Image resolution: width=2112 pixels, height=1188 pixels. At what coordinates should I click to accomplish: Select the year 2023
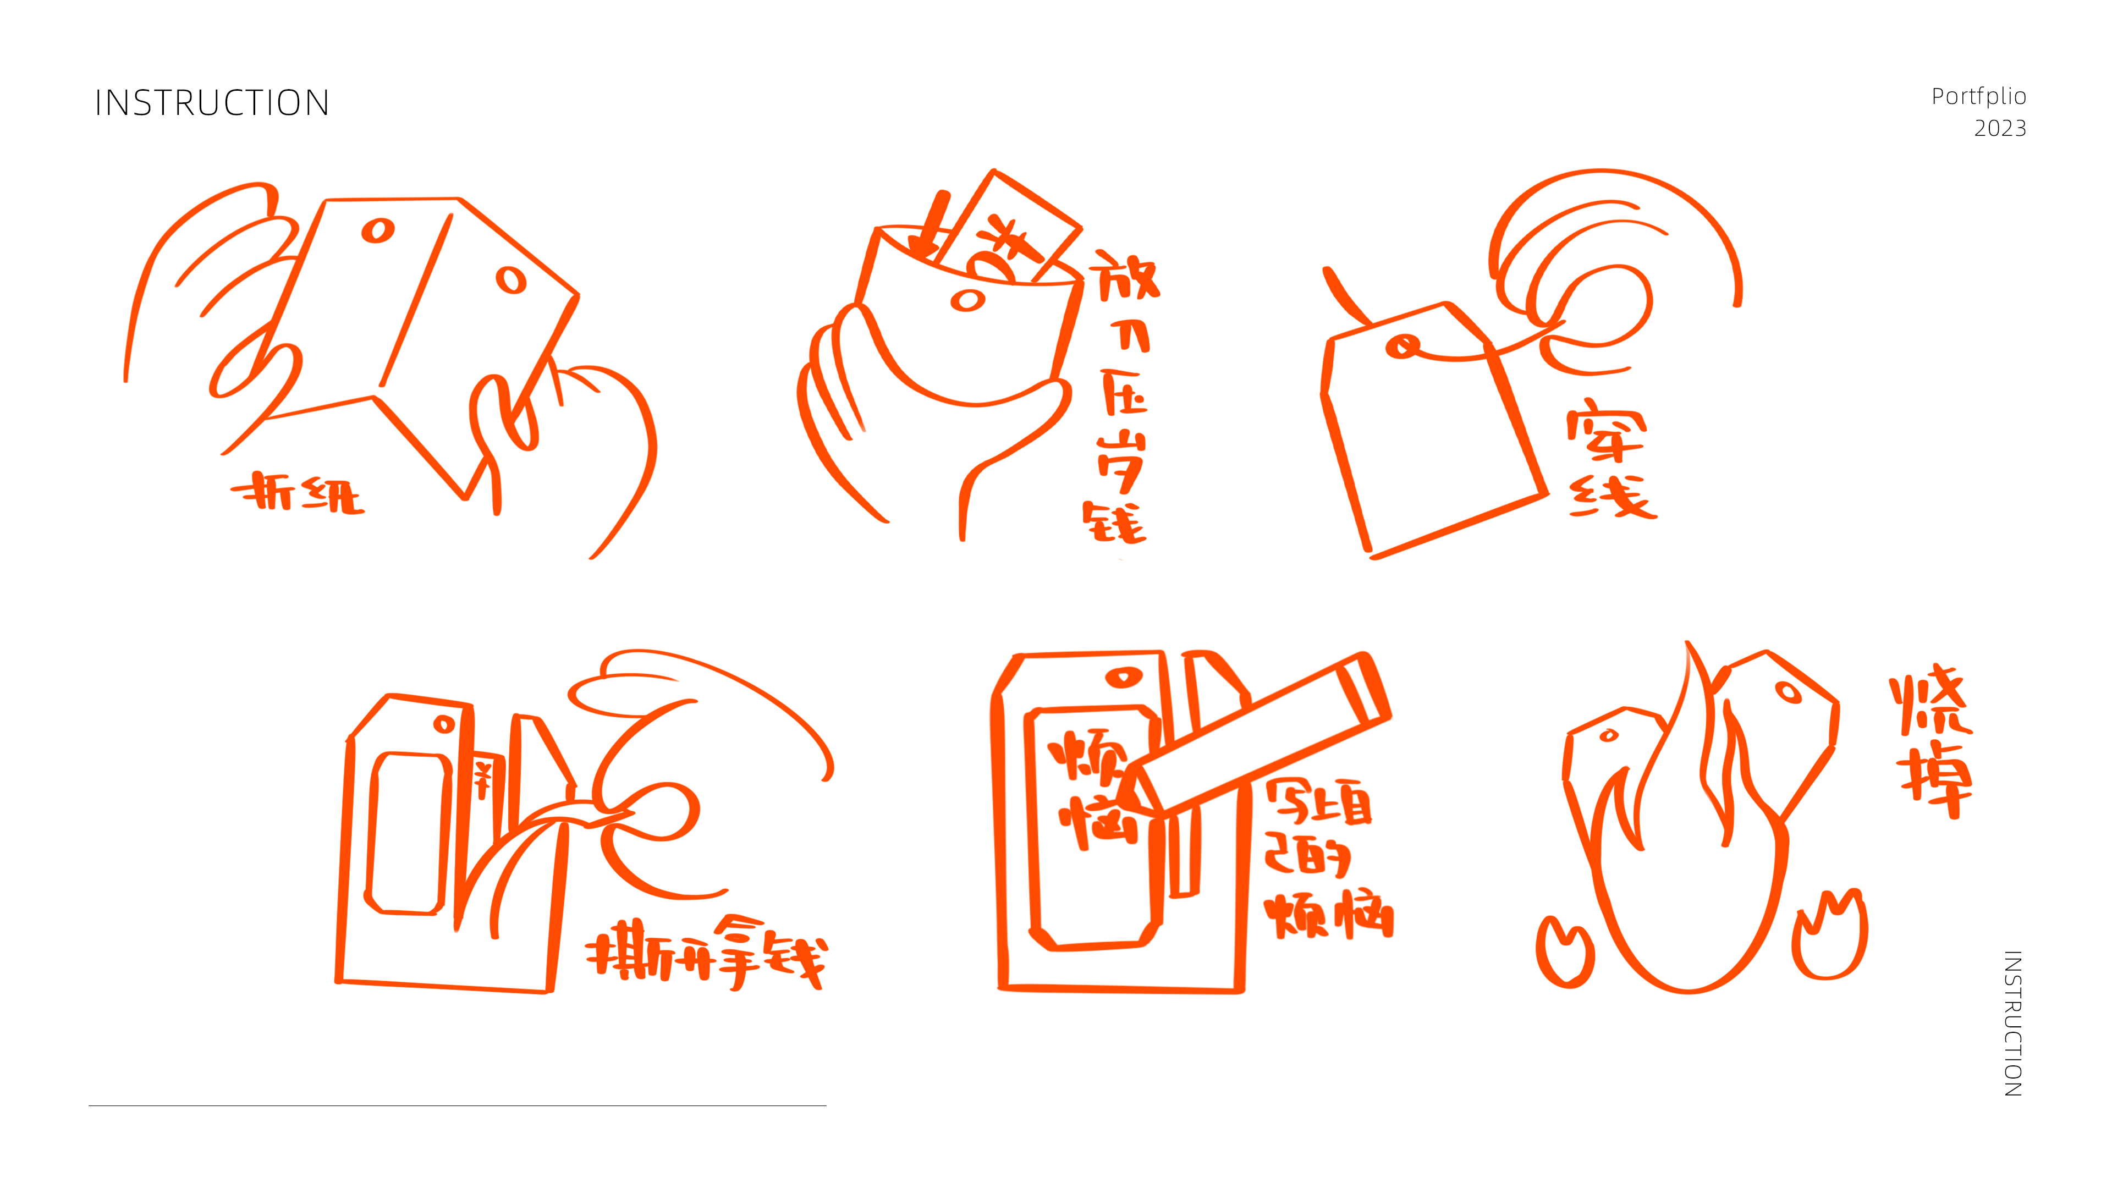point(2000,129)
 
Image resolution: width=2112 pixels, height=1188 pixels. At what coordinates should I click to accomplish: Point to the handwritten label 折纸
point(297,493)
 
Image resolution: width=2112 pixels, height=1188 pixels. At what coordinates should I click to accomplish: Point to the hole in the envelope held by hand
point(967,301)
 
